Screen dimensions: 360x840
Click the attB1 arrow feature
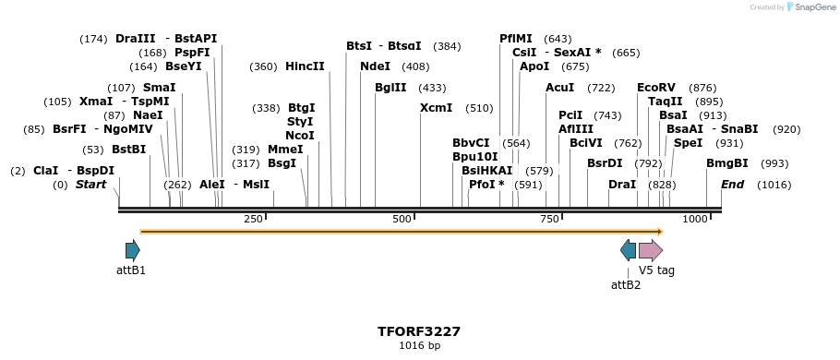coord(132,250)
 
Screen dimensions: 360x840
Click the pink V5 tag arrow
coord(651,250)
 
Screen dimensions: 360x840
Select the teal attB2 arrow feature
coord(628,250)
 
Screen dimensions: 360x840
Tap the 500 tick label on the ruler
coord(402,219)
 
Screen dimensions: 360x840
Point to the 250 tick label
coord(253,219)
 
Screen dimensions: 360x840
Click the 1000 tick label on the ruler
coord(695,219)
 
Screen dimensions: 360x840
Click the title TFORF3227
coord(419,331)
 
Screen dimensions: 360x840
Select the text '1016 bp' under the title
coord(419,346)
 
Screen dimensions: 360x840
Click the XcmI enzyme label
coord(436,108)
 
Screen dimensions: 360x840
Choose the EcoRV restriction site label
coord(655,88)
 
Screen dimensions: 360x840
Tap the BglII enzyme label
coord(390,88)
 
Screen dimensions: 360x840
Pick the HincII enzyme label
coord(305,66)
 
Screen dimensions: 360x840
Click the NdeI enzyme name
coord(375,66)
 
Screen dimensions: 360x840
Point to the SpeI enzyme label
coord(688,143)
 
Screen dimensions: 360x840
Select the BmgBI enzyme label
coord(726,163)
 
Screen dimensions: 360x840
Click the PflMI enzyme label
coord(516,39)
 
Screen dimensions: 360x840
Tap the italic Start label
coord(90,185)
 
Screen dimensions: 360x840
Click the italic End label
coord(732,185)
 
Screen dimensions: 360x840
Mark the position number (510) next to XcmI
coord(479,108)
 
